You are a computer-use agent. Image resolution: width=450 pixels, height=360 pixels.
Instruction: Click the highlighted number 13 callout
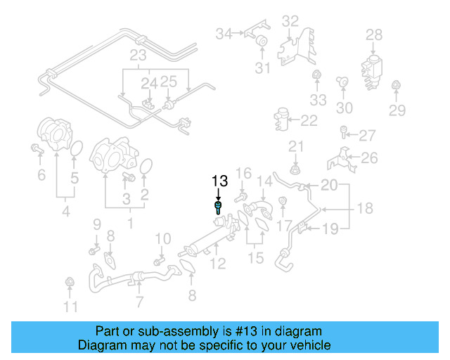219,182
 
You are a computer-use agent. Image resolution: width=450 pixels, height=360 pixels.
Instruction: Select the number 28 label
374,34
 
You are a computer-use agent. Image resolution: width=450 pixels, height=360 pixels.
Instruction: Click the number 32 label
290,22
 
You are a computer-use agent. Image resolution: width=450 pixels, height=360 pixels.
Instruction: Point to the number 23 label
137,56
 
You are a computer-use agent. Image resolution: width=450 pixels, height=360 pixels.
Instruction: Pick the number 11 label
71,306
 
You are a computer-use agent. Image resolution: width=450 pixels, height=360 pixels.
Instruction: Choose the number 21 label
296,146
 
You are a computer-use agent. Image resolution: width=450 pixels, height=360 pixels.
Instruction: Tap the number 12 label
218,264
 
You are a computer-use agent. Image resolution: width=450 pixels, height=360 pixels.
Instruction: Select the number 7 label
139,302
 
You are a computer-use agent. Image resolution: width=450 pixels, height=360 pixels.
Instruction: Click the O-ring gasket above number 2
146,166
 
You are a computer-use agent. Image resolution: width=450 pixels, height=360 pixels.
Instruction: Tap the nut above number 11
70,283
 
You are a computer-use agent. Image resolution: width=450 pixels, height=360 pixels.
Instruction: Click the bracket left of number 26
340,160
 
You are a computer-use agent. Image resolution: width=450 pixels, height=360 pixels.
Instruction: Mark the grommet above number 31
260,41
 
